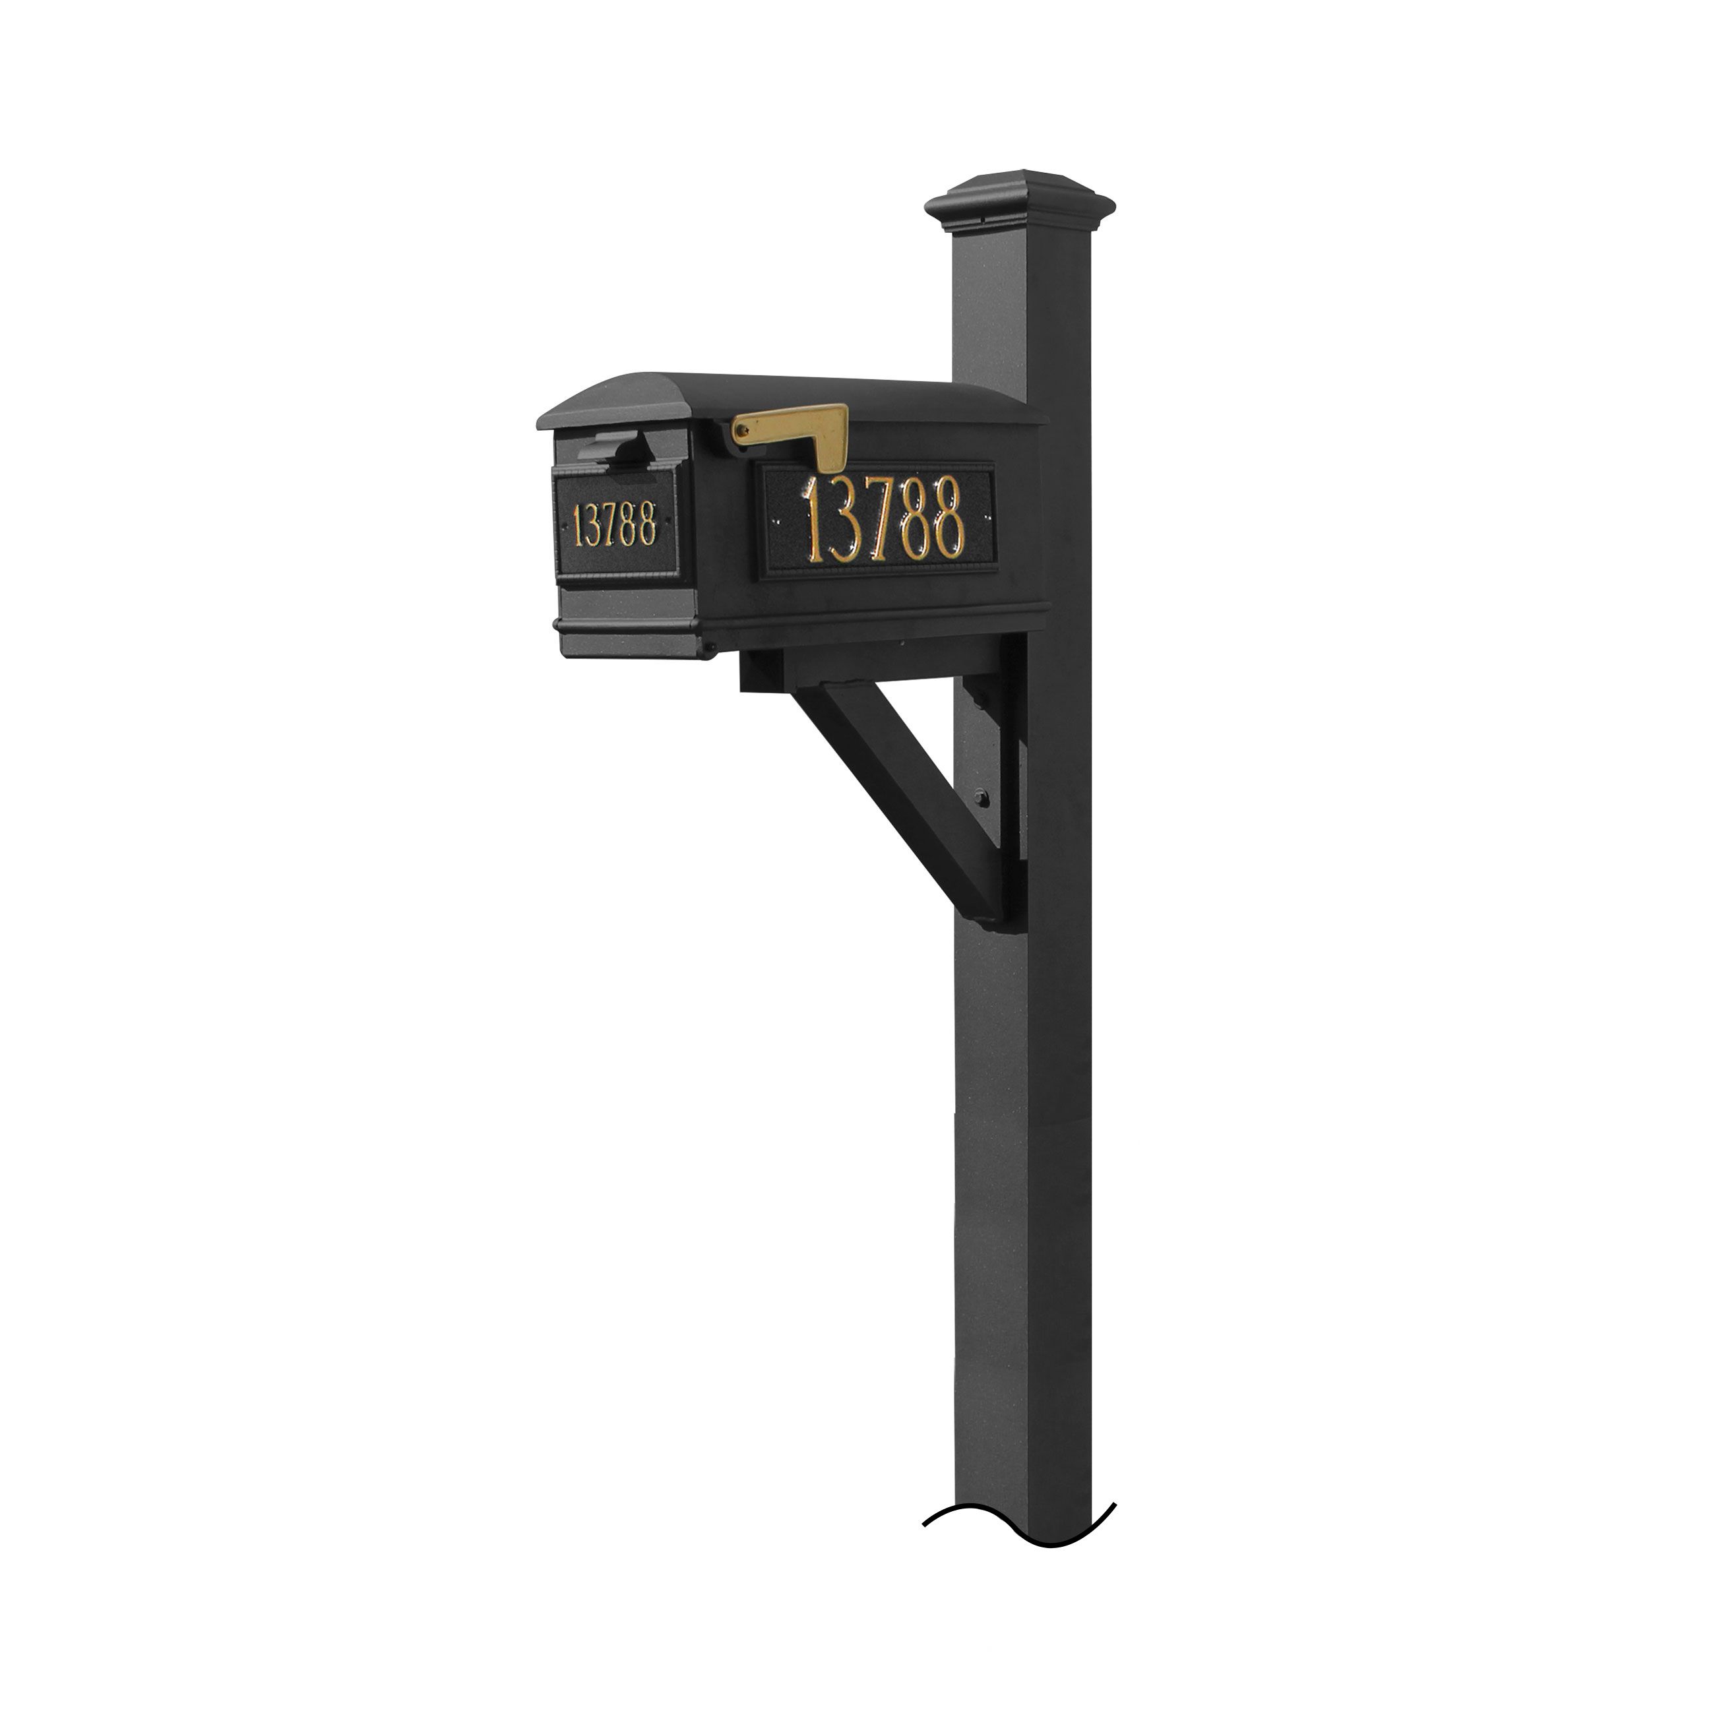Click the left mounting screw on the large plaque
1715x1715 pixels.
pos(778,522)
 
